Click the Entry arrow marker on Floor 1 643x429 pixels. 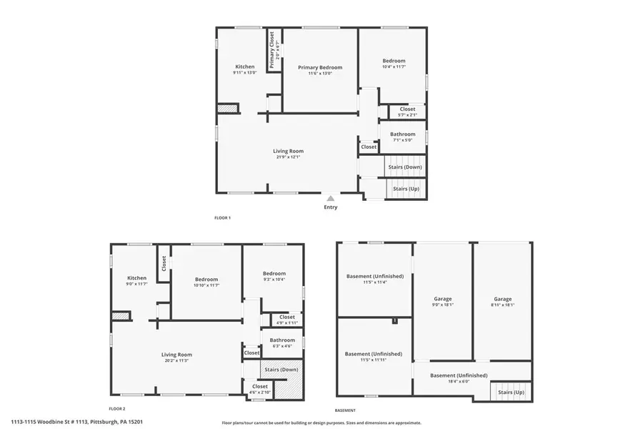click(x=330, y=199)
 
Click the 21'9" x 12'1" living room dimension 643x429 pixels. click(x=288, y=157)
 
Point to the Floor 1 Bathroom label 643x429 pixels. click(x=402, y=134)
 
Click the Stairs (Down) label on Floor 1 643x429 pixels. click(x=404, y=167)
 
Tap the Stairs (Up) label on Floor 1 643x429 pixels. click(x=406, y=189)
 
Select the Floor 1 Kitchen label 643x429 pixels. click(x=245, y=66)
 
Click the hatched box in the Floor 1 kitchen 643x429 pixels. click(x=227, y=108)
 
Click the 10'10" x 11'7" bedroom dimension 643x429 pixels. click(x=206, y=285)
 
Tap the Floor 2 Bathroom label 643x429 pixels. click(x=282, y=340)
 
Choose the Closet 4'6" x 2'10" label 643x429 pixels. click(x=259, y=388)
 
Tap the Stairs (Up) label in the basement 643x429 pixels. click(x=511, y=392)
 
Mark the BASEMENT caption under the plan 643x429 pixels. click(x=346, y=410)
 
